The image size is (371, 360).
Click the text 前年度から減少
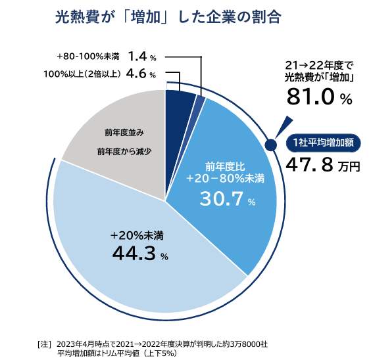pyautogui.click(x=124, y=152)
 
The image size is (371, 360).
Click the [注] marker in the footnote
pyautogui.click(x=45, y=343)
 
